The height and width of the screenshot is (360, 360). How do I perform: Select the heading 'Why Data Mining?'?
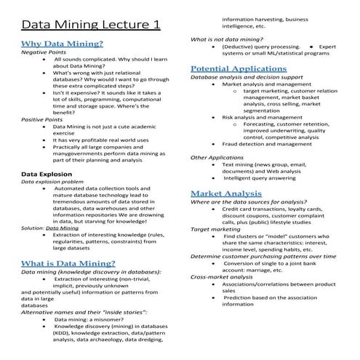click(62, 44)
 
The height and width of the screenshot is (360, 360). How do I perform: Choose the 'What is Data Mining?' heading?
click(68, 263)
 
